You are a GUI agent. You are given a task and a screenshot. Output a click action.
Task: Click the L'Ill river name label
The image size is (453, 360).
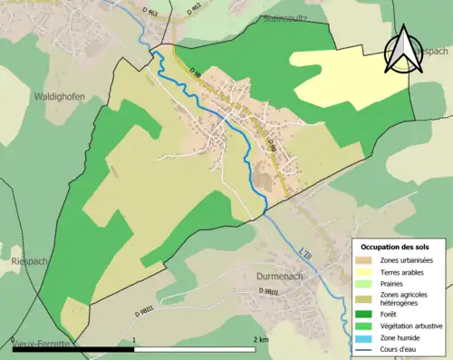(x=304, y=252)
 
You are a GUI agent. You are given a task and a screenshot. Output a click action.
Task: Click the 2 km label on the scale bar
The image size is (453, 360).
(x=263, y=339)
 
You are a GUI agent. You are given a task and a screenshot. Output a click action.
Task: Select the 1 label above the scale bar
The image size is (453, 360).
(x=135, y=339)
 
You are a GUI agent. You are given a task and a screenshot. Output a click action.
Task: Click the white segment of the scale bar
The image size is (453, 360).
(x=198, y=347)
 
